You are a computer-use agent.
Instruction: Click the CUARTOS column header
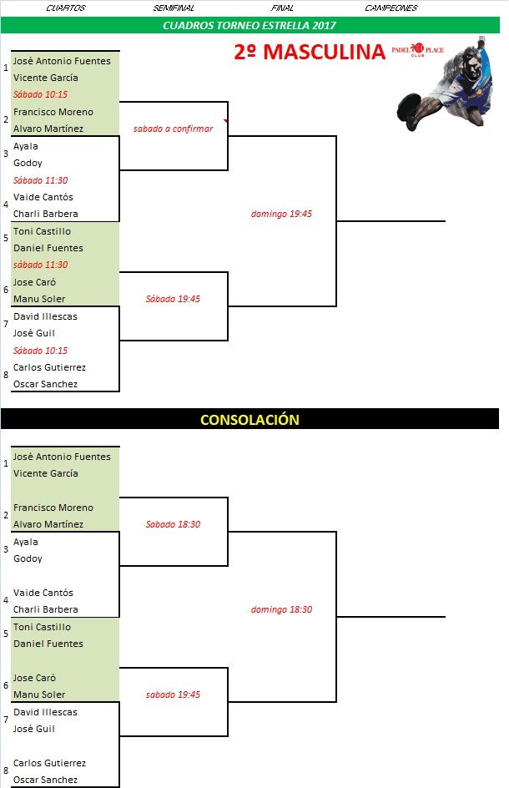(65, 8)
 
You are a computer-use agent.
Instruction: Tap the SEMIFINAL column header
(174, 8)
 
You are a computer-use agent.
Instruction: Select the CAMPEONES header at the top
(391, 8)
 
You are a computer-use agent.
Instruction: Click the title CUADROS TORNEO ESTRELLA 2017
(249, 26)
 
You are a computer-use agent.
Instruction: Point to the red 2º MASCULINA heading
(310, 52)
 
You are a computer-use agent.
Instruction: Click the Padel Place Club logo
(417, 50)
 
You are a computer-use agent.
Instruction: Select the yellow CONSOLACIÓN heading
(249, 420)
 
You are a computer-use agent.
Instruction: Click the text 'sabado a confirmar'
(173, 129)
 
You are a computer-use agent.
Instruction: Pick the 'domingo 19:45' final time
(281, 214)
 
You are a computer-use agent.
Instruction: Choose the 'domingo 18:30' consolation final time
(281, 609)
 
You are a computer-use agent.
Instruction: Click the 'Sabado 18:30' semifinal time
(173, 524)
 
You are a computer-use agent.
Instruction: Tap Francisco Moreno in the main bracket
(53, 112)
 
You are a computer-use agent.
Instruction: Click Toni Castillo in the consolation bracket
(43, 627)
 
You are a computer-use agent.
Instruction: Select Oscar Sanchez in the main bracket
(45, 384)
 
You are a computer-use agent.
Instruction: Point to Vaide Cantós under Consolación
(43, 593)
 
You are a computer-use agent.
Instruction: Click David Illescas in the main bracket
(45, 316)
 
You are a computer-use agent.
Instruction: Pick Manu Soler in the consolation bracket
(39, 695)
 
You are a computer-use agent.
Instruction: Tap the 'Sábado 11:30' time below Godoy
(40, 180)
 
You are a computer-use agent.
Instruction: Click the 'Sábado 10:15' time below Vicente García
(40, 94)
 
